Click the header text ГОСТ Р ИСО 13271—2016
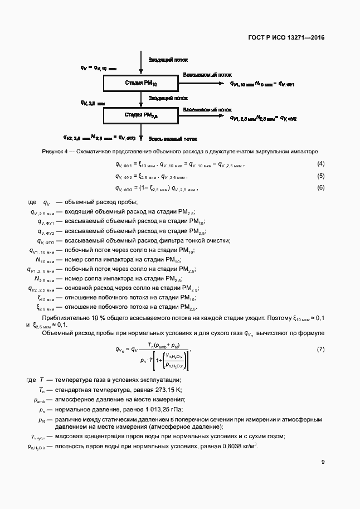(286, 38)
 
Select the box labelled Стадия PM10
(141, 83)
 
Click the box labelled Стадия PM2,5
(141, 115)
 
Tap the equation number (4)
(320, 164)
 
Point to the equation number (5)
(320, 176)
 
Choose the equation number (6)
(320, 187)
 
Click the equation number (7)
(320, 349)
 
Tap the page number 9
(323, 462)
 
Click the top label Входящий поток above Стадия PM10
(168, 60)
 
